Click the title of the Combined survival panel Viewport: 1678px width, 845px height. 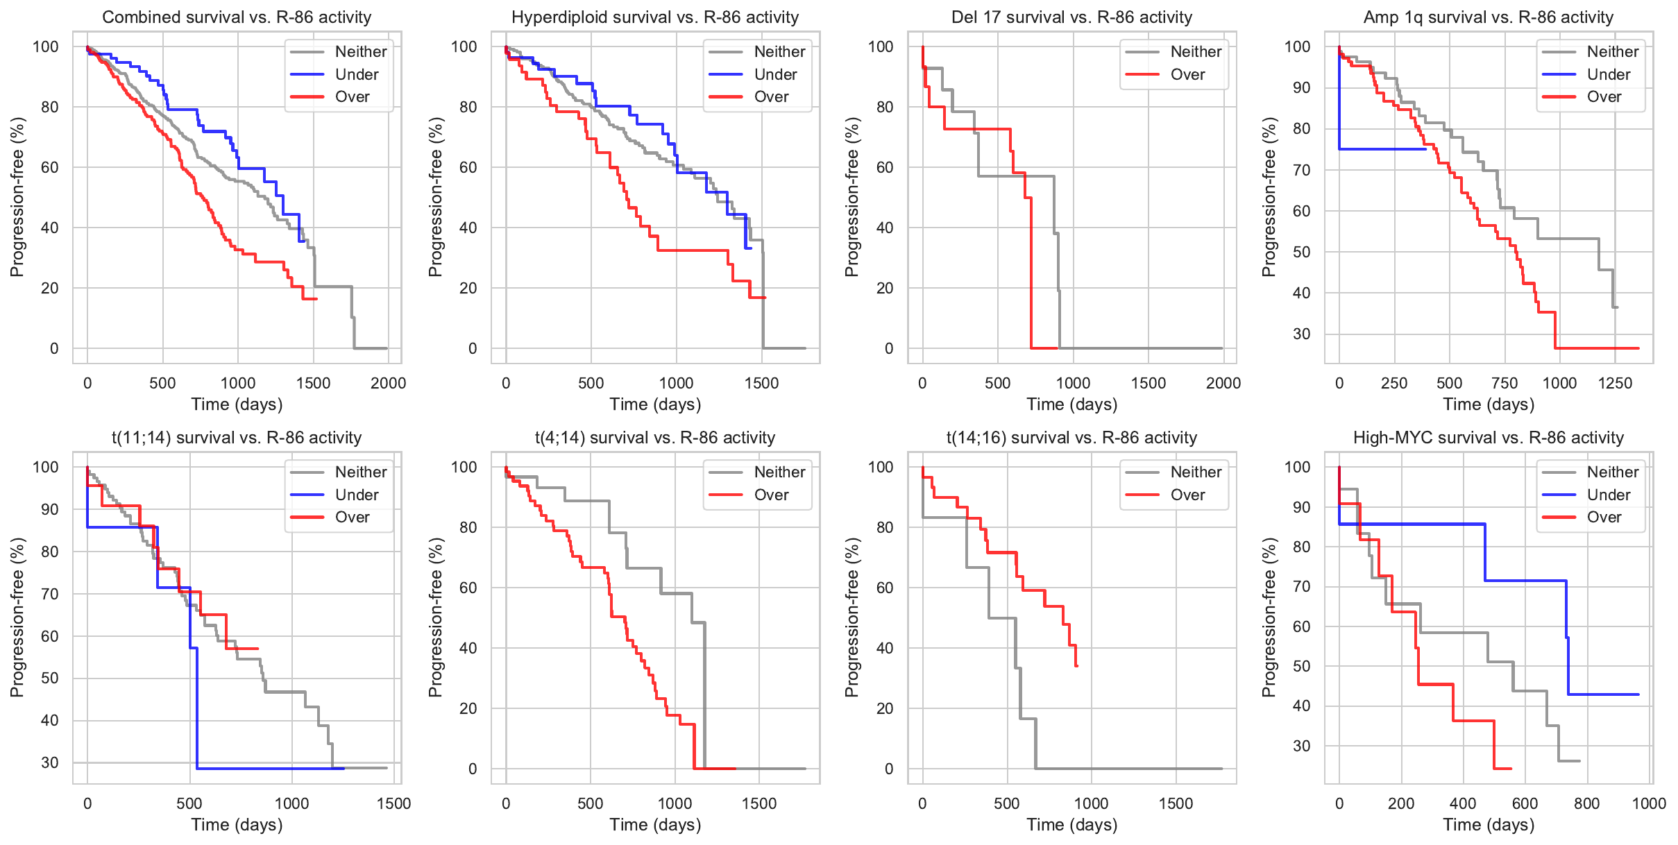click(237, 17)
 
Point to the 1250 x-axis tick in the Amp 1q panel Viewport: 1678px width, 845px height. click(1614, 383)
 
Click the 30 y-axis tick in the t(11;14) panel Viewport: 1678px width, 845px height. click(50, 762)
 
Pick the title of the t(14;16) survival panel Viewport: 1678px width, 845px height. click(1071, 438)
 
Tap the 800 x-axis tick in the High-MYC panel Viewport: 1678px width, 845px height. click(1586, 803)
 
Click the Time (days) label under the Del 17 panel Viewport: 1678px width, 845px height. click(1071, 404)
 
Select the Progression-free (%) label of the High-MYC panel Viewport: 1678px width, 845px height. click(1269, 617)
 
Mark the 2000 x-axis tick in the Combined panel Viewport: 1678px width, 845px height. click(388, 383)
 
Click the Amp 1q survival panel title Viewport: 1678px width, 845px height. click(1488, 17)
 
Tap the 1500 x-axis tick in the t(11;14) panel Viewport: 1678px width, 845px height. click(393, 803)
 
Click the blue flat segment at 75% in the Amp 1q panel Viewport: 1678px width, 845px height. click(1381, 149)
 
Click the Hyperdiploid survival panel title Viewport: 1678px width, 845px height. click(655, 17)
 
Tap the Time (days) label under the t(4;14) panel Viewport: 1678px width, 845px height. click(655, 825)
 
